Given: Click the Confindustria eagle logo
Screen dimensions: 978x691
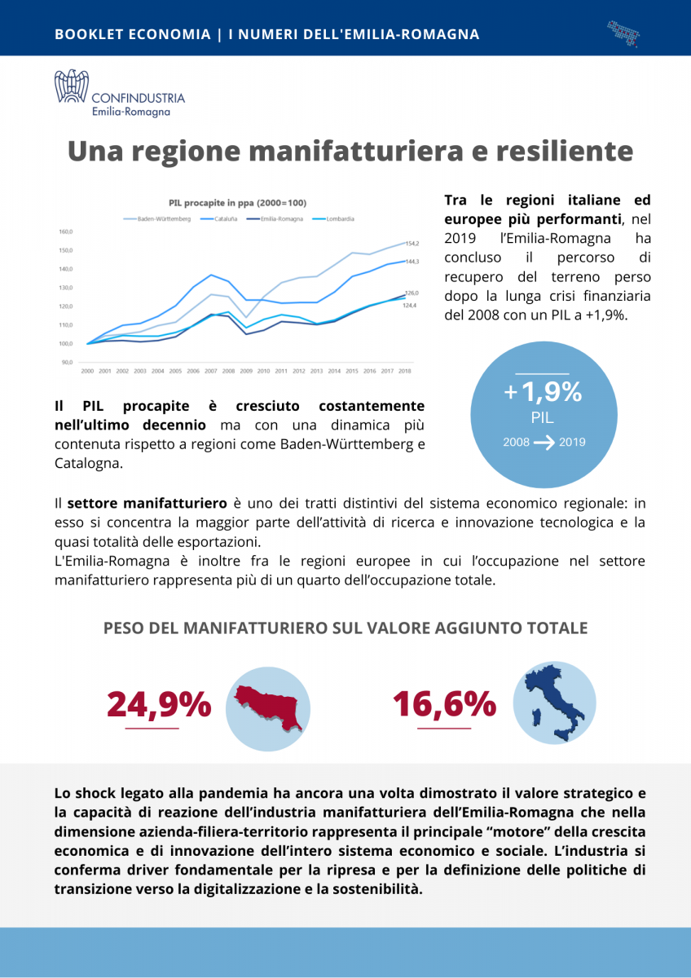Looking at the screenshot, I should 72,86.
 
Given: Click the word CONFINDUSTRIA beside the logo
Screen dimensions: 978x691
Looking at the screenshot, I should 139,98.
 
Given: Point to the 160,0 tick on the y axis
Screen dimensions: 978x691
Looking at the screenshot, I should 65,231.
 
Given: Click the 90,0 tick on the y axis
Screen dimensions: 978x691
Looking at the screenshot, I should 65,362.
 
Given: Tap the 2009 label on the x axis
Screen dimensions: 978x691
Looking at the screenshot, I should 245,371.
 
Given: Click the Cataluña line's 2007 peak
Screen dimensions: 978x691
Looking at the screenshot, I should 212,275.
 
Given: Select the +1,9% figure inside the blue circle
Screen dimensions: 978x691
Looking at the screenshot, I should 544,393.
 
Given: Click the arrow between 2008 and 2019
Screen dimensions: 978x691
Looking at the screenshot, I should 544,443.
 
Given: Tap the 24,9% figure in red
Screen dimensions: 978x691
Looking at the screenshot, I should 159,704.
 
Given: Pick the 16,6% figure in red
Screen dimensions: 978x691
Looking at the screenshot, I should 444,704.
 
